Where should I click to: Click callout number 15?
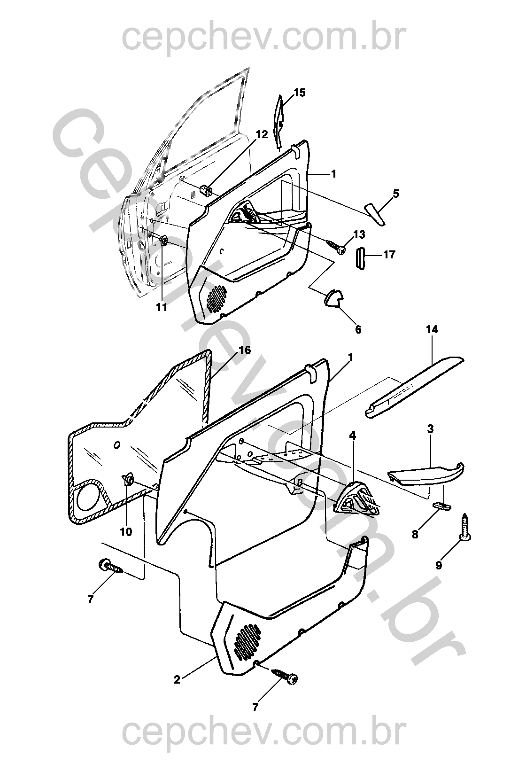click(300, 93)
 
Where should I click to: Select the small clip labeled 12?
click(206, 191)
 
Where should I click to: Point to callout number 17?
click(389, 255)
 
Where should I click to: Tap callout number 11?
click(162, 307)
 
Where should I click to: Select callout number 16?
click(245, 350)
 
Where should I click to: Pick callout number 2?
click(177, 679)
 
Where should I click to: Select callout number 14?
click(432, 329)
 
